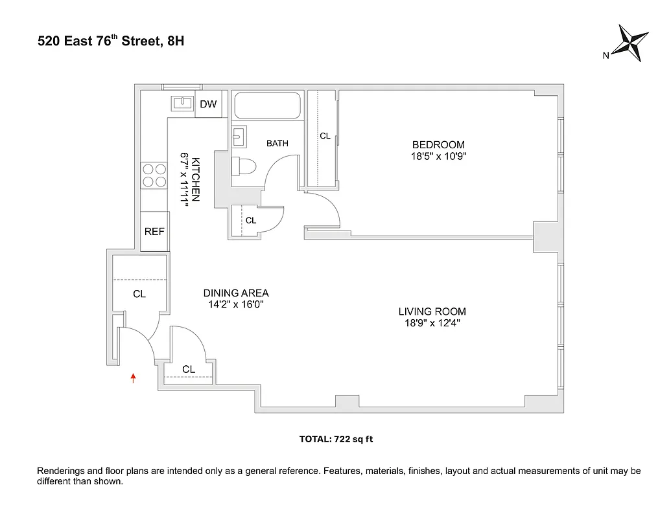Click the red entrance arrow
coord(134,378)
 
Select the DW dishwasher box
coord(208,104)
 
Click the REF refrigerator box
coord(154,231)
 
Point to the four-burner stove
coord(154,175)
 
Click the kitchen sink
coord(183,104)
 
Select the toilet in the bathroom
coord(244,165)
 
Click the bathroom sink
coord(238,135)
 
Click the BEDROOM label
coord(438,145)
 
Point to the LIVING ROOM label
coord(432,311)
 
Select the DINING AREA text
coord(236,293)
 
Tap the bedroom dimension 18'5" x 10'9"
coord(438,156)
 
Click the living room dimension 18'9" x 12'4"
coord(432,322)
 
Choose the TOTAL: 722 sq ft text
coord(336,439)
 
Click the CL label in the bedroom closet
coord(325,136)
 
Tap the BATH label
coord(277,144)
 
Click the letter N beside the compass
coord(606,56)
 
